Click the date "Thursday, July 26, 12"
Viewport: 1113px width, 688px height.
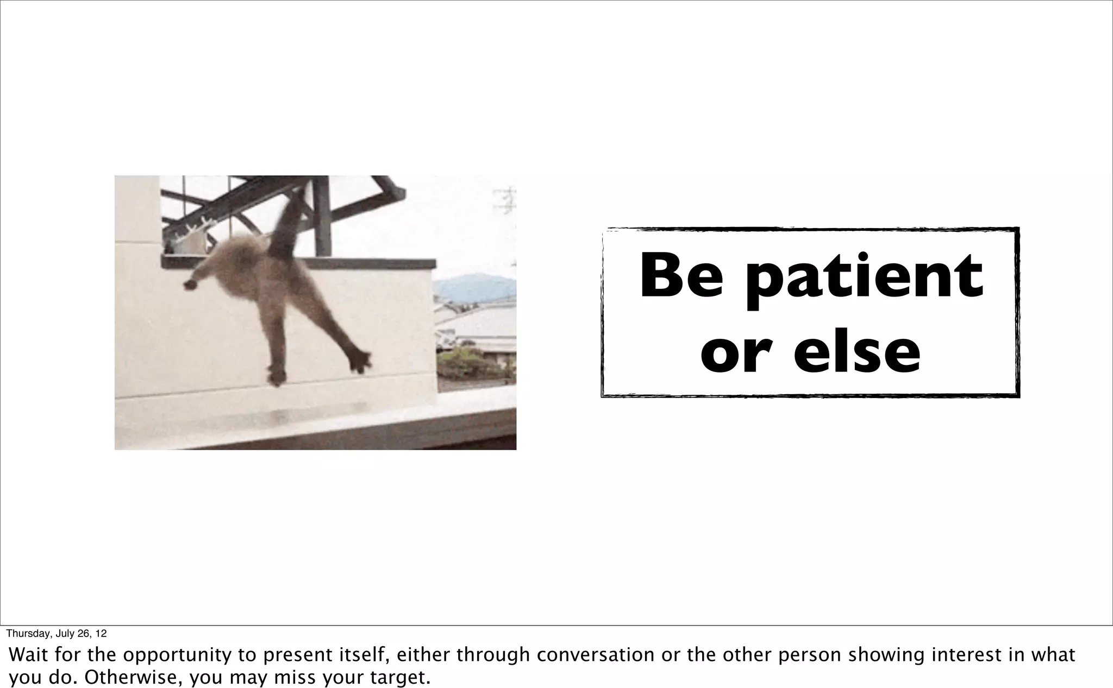pyautogui.click(x=57, y=634)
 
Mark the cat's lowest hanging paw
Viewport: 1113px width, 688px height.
pyautogui.click(x=276, y=376)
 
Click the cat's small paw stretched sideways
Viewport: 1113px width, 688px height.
pyautogui.click(x=191, y=283)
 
